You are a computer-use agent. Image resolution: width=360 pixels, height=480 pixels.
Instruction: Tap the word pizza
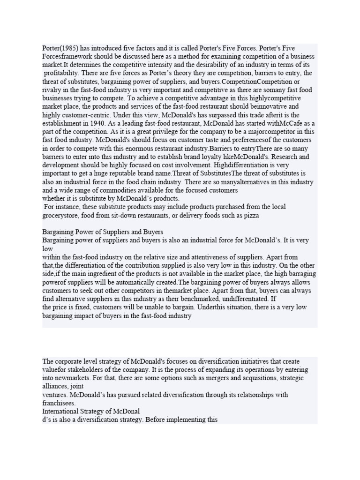click(x=250, y=215)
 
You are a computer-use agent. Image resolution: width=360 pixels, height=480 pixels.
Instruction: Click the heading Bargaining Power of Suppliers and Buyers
click(x=103, y=232)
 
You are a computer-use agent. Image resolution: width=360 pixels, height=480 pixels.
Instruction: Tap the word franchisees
click(x=59, y=403)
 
